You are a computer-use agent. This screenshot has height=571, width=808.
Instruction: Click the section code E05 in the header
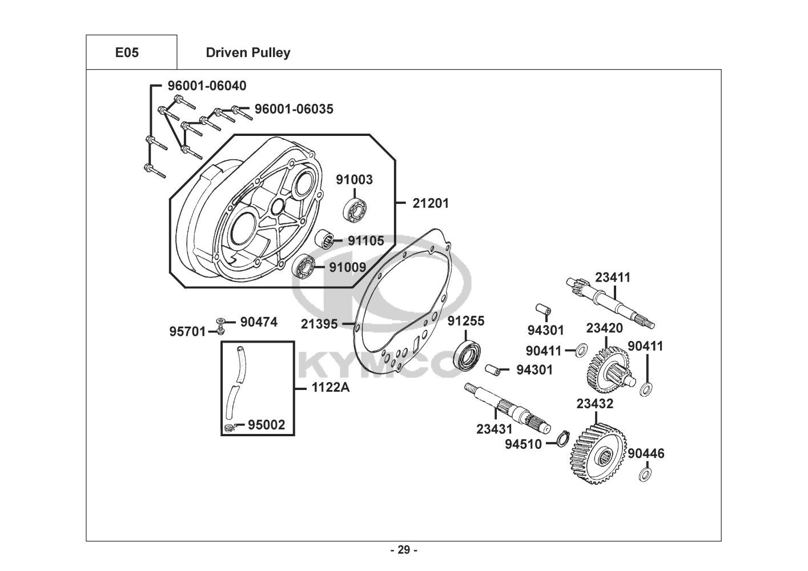127,53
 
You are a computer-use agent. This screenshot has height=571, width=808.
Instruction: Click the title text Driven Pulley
248,53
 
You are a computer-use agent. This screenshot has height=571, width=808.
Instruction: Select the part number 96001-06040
207,86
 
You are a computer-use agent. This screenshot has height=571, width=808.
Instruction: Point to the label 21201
431,203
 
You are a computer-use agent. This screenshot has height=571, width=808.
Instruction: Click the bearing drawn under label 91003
356,211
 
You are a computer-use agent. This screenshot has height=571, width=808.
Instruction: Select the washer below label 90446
646,474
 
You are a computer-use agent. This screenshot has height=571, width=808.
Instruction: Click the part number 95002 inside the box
266,425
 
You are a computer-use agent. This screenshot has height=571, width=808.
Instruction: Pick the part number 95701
187,331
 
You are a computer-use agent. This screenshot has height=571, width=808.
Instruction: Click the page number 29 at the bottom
404,550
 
